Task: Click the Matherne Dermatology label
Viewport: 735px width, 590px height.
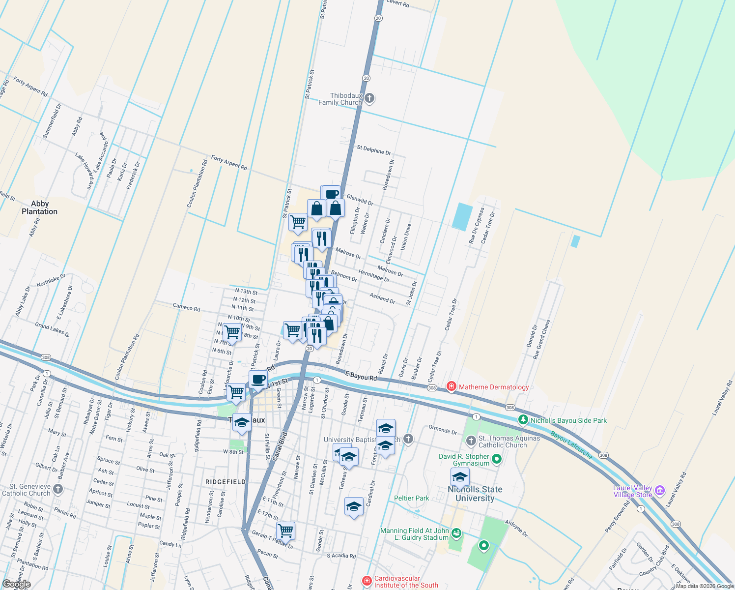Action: point(494,387)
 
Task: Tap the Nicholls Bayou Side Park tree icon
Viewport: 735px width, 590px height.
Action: point(523,420)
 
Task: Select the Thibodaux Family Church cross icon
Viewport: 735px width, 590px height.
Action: point(369,98)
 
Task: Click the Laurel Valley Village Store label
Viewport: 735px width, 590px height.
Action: point(633,491)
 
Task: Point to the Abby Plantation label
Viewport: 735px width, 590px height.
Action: point(39,207)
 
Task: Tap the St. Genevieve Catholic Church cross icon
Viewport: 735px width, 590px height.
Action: point(58,489)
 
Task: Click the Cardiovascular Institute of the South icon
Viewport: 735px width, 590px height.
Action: point(367,581)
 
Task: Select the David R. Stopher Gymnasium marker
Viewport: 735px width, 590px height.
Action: point(497,459)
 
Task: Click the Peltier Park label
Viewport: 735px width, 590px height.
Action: point(412,498)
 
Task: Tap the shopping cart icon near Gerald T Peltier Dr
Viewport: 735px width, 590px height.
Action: point(285,531)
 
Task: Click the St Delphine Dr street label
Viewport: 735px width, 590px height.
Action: point(374,149)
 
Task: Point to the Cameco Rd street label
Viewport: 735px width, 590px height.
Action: point(186,308)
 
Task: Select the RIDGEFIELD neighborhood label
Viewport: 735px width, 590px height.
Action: point(226,482)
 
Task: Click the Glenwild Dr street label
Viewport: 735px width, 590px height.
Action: point(360,200)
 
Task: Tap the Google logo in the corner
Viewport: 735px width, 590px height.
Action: point(16,585)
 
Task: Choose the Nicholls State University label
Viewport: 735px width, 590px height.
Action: point(475,494)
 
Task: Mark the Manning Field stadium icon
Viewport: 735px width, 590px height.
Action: point(456,532)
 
